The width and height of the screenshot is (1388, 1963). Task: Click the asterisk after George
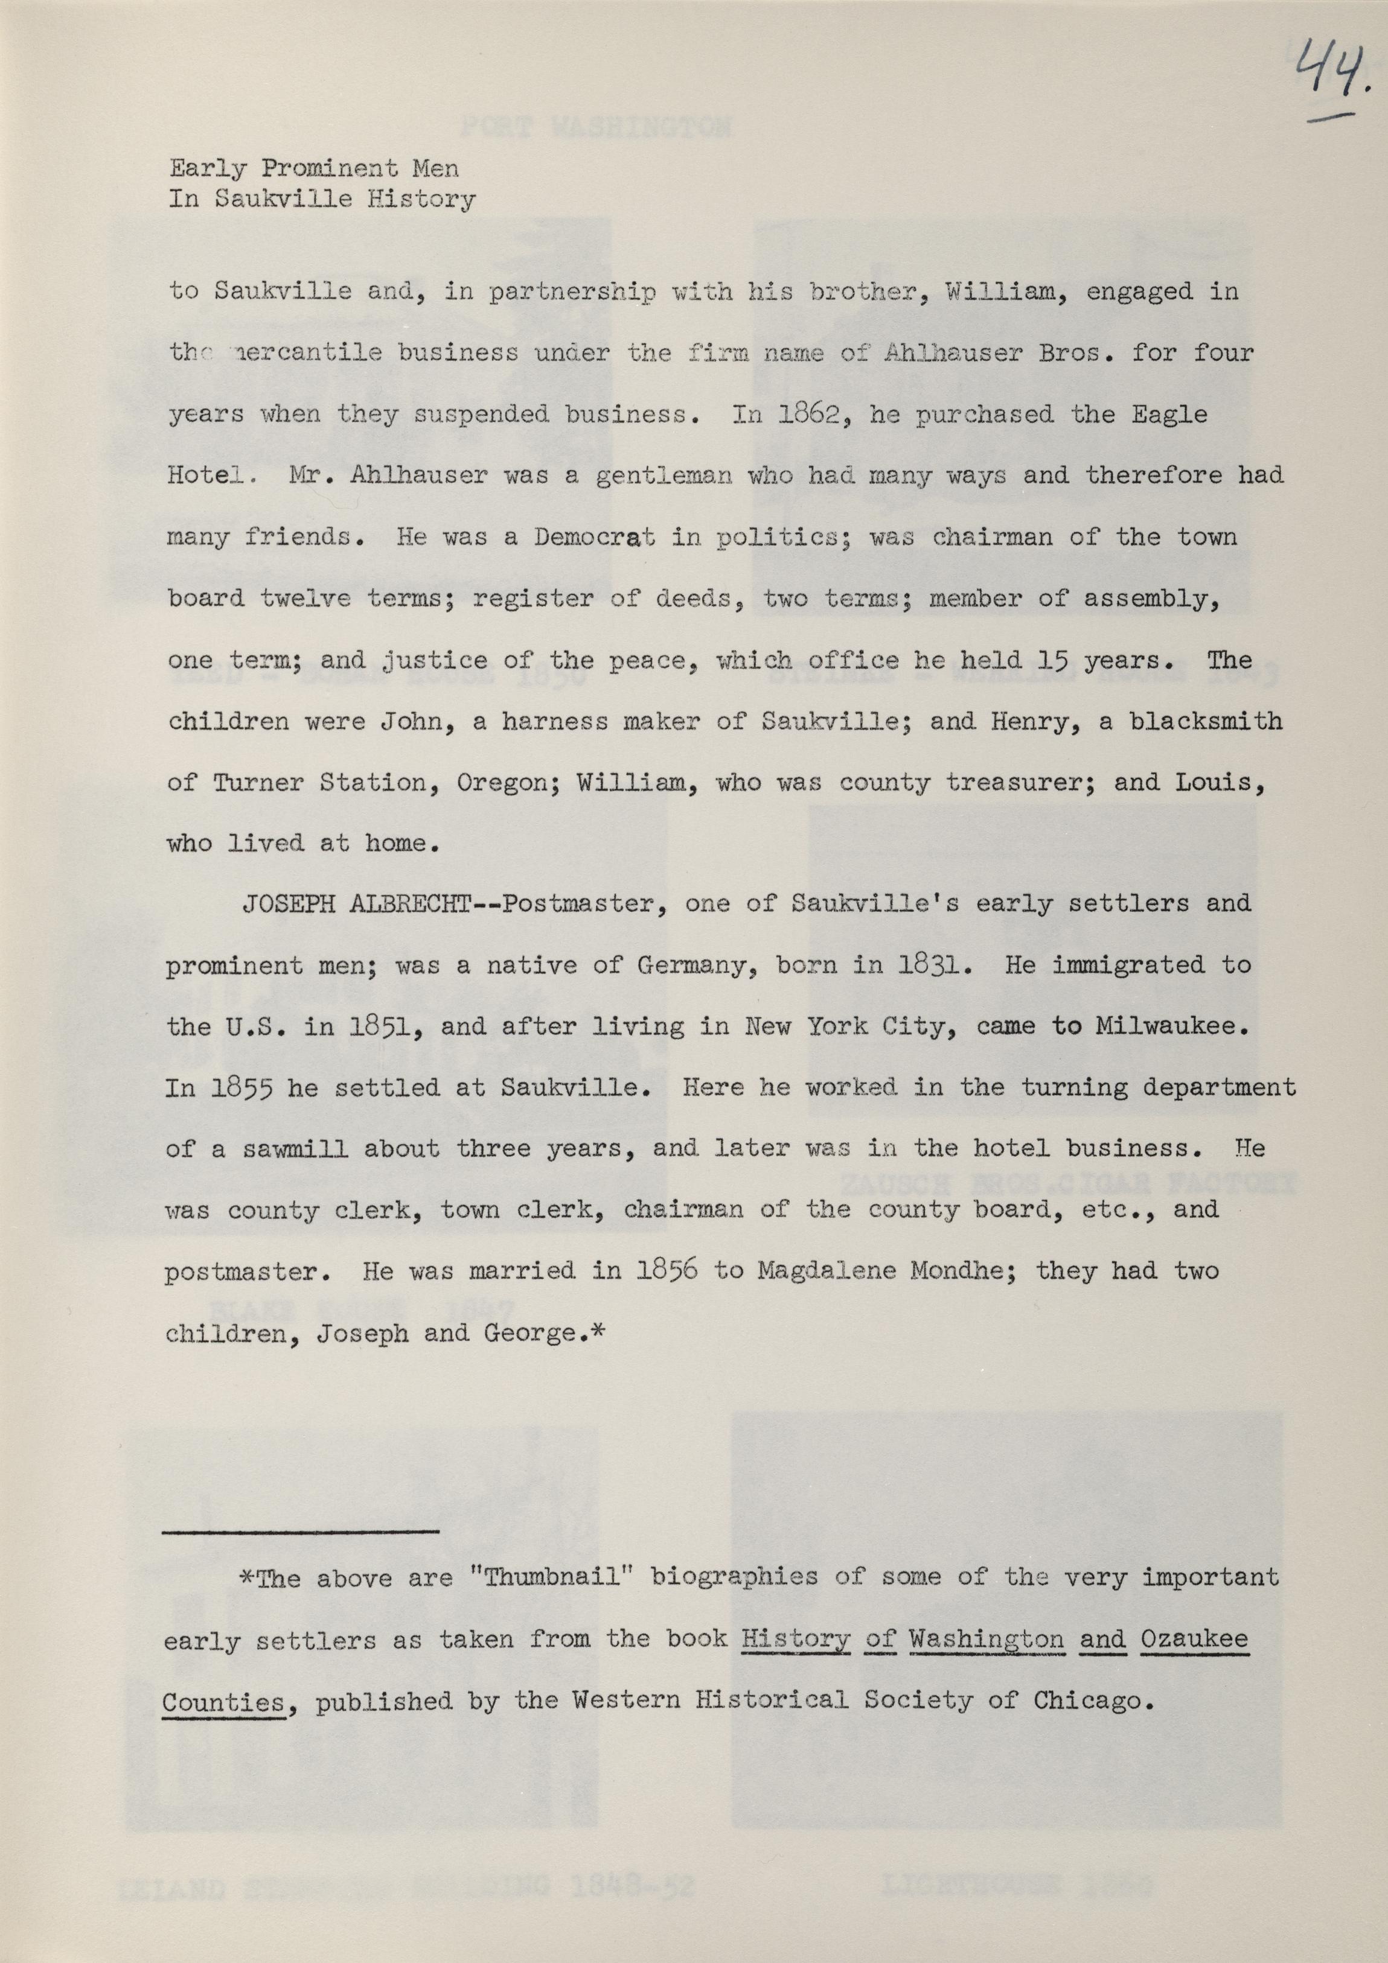(598, 1331)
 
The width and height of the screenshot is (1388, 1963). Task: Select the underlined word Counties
(223, 1701)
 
